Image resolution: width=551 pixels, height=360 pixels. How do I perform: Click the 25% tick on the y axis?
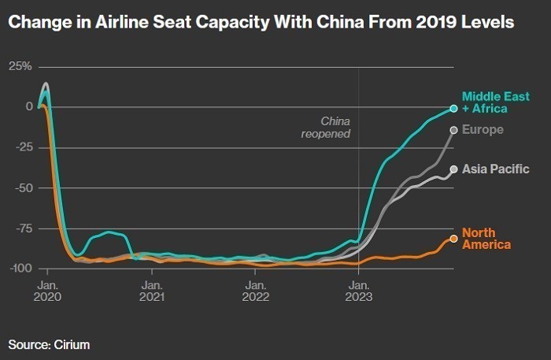pos(21,66)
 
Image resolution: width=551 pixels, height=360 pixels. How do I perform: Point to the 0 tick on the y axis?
pos(28,106)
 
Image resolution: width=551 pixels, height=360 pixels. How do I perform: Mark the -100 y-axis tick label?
pos(20,269)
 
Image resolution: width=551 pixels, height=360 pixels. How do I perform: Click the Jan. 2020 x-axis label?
pos(47,290)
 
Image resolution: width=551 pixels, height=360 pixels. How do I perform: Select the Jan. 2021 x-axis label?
pos(151,290)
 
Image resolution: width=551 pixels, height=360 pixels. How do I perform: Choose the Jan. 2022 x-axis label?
pos(255,290)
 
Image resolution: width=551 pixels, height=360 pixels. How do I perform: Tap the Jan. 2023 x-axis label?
pos(359,290)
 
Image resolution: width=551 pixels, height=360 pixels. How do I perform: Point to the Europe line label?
pos(483,129)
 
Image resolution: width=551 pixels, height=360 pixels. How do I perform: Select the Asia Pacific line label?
pos(495,169)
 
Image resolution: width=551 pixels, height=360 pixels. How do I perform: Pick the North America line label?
pos(486,238)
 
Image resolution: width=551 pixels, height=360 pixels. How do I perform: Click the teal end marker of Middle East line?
pos(453,108)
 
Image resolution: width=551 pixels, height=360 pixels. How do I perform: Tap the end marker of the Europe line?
pos(453,130)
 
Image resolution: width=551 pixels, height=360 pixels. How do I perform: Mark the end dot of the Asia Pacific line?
pos(453,169)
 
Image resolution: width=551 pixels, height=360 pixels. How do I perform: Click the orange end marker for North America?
pos(453,239)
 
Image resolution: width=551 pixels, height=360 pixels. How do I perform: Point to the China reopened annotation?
pos(326,128)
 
